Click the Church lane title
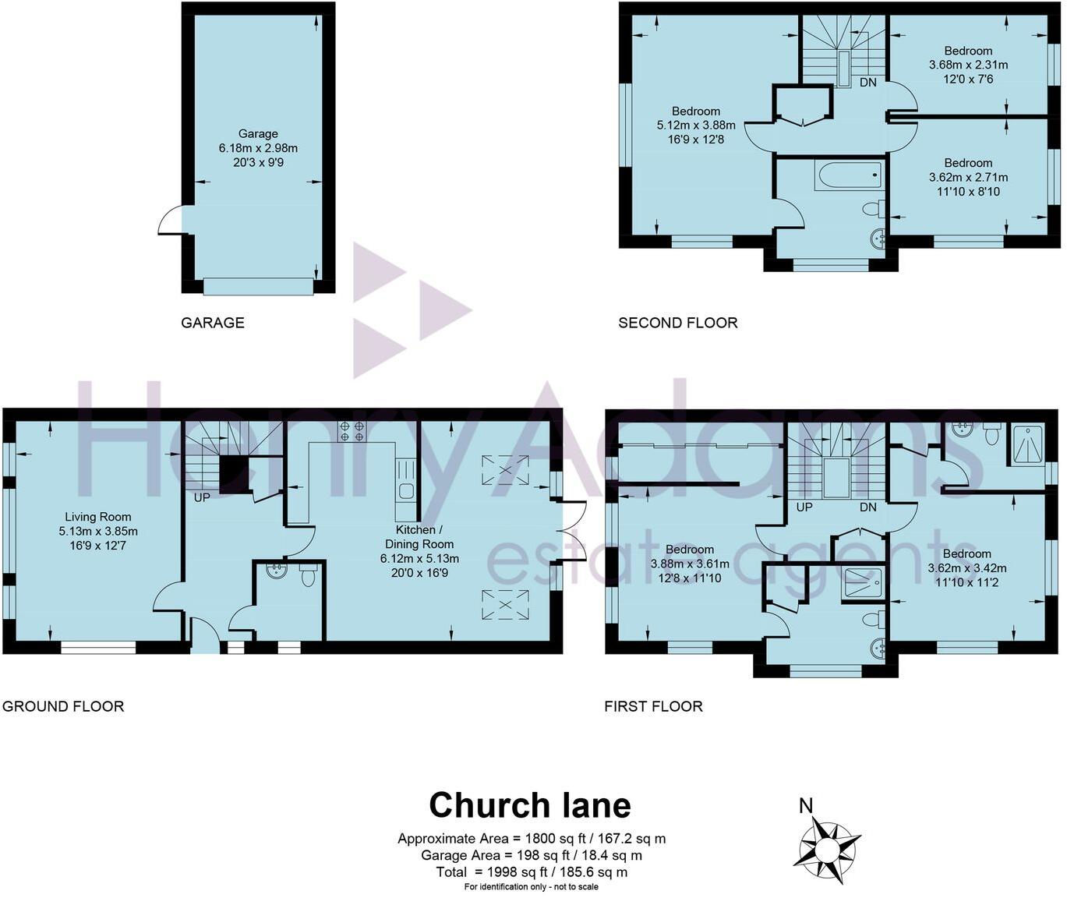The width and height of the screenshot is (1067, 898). [x=530, y=805]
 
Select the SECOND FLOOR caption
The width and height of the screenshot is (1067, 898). [x=677, y=323]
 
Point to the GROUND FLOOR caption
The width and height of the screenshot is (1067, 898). [x=63, y=706]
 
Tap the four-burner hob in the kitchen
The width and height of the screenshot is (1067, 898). [x=351, y=431]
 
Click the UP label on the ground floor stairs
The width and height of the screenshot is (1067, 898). [x=202, y=497]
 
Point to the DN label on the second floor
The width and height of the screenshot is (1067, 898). [x=868, y=82]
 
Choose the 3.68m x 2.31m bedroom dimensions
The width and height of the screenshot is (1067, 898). [x=968, y=65]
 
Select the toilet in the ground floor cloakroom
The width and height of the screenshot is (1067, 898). [x=309, y=576]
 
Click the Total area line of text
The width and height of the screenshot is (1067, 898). [x=532, y=871]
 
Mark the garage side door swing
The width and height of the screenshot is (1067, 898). [x=171, y=221]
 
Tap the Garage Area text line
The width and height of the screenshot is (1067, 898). [x=532, y=855]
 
